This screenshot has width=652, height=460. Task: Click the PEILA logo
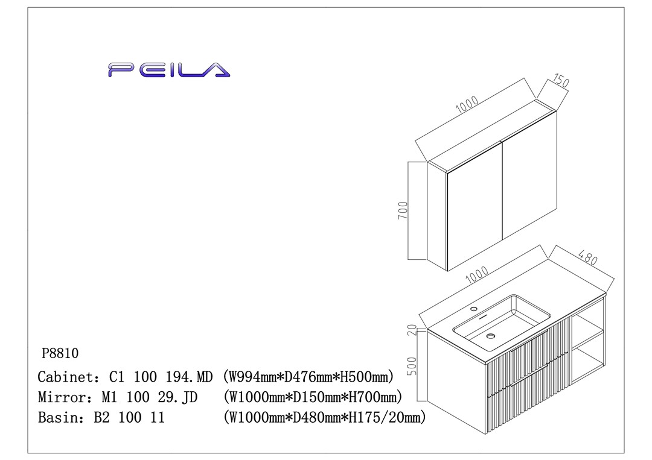coord(169,70)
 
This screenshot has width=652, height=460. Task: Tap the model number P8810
coord(60,353)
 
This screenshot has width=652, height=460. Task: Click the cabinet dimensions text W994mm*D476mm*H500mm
coord(308,377)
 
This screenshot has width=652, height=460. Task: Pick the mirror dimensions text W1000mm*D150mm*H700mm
coord(312,397)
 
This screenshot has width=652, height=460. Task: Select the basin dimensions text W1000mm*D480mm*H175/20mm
coord(324,417)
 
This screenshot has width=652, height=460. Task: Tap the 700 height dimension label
coord(403,210)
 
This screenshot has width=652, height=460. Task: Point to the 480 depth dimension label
coord(586,257)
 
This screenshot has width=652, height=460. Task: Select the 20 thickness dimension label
coord(412,330)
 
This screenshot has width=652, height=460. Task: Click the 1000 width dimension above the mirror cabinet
coord(467,105)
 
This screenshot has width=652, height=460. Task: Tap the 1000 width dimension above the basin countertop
coord(477,276)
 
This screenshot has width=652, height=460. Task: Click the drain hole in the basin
coord(491,336)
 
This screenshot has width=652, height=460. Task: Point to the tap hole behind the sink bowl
coord(474,309)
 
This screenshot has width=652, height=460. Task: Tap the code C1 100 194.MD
coord(161,377)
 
